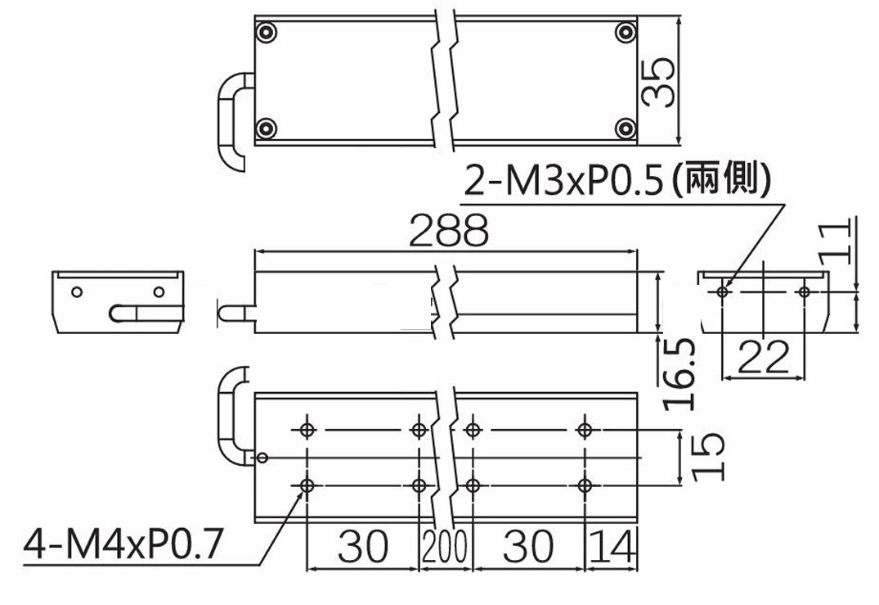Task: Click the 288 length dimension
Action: [x=448, y=230]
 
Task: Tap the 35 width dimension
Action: [x=658, y=82]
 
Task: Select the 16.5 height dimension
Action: [x=679, y=374]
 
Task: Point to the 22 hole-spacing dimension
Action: [x=763, y=357]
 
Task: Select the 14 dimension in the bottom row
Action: [x=613, y=546]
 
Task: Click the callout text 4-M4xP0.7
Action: [x=123, y=544]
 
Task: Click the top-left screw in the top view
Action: [x=266, y=33]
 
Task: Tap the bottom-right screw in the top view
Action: [x=626, y=129]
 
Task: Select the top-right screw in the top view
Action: [x=626, y=33]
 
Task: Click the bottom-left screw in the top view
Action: [x=266, y=129]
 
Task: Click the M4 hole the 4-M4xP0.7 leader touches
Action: [x=307, y=485]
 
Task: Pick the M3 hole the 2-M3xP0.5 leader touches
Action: [x=723, y=291]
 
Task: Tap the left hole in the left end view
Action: [x=78, y=291]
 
